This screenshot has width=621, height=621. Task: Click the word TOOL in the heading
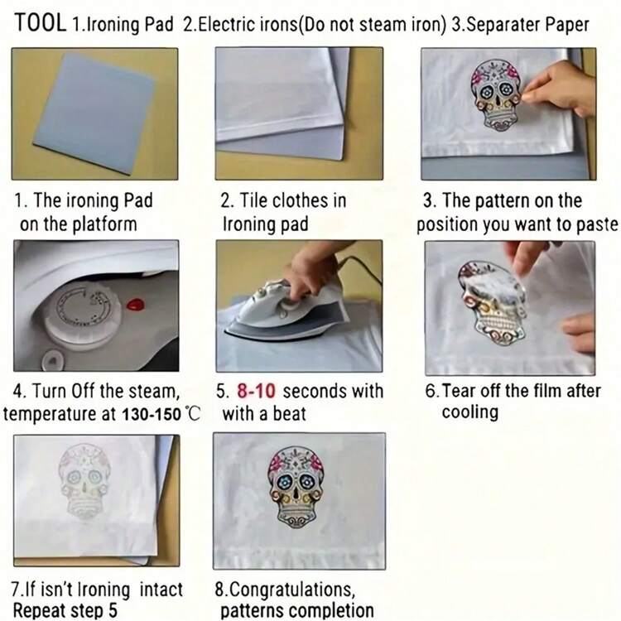41,22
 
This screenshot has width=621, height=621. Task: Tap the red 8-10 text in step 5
256,391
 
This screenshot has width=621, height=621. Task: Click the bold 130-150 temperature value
152,414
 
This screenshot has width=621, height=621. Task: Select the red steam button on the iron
136,304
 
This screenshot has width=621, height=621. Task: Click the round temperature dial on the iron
83,311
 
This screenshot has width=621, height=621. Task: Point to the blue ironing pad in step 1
94,113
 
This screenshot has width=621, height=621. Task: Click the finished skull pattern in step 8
296,487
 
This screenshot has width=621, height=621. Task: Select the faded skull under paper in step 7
84,481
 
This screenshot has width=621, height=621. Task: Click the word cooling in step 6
469,412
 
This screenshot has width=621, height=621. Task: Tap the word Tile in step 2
253,200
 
